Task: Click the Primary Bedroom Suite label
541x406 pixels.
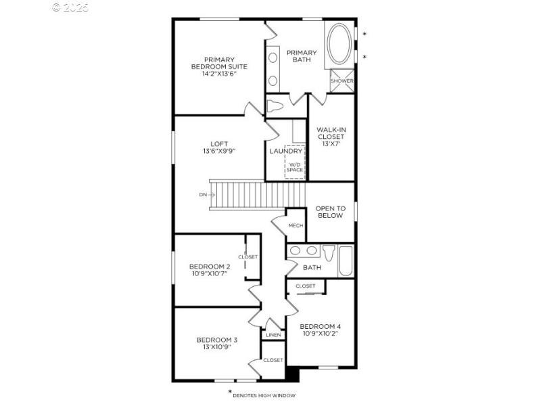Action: click(x=218, y=66)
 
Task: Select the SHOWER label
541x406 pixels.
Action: click(x=342, y=81)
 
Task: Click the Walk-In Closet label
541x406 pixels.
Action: click(x=331, y=136)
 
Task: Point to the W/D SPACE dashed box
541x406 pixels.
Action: click(x=295, y=162)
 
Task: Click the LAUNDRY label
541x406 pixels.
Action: click(x=285, y=152)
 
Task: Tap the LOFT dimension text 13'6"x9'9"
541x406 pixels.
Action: click(x=218, y=151)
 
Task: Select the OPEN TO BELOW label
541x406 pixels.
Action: click(x=330, y=212)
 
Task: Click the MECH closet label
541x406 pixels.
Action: click(x=296, y=225)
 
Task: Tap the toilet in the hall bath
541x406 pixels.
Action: click(x=329, y=253)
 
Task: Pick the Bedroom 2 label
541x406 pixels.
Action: click(x=209, y=266)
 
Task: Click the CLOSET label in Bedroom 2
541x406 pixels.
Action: click(x=248, y=257)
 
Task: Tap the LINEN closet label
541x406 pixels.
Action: click(x=273, y=335)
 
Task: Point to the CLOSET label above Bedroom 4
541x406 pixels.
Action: click(x=306, y=286)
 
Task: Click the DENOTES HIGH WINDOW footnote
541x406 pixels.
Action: click(x=264, y=395)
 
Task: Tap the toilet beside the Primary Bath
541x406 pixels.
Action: click(x=275, y=106)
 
